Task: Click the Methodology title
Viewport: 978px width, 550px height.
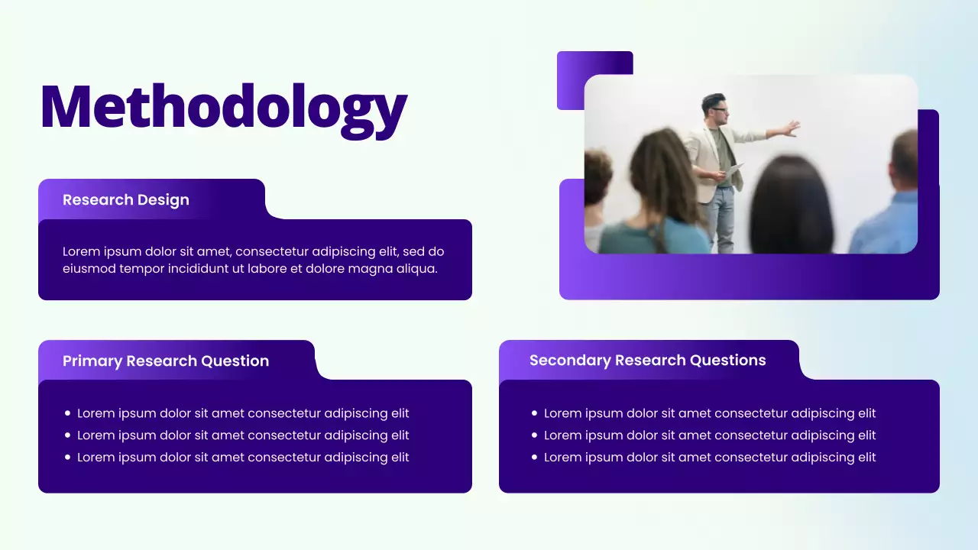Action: point(223,108)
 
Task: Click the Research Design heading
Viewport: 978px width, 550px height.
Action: point(126,200)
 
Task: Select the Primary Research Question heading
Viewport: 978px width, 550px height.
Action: point(166,361)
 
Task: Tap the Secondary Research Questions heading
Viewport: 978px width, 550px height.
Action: point(647,361)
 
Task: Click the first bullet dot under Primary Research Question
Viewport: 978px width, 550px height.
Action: point(67,413)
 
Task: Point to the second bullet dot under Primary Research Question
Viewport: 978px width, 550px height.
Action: point(67,435)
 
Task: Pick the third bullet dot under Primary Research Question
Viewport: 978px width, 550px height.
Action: point(67,458)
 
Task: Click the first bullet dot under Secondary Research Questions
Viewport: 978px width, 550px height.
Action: point(534,413)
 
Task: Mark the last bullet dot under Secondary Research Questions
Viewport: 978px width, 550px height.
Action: point(534,458)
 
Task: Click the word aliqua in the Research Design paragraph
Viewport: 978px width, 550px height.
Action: point(416,269)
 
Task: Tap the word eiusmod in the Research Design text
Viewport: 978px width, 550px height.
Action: point(89,269)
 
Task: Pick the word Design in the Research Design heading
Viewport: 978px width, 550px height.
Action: point(164,200)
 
